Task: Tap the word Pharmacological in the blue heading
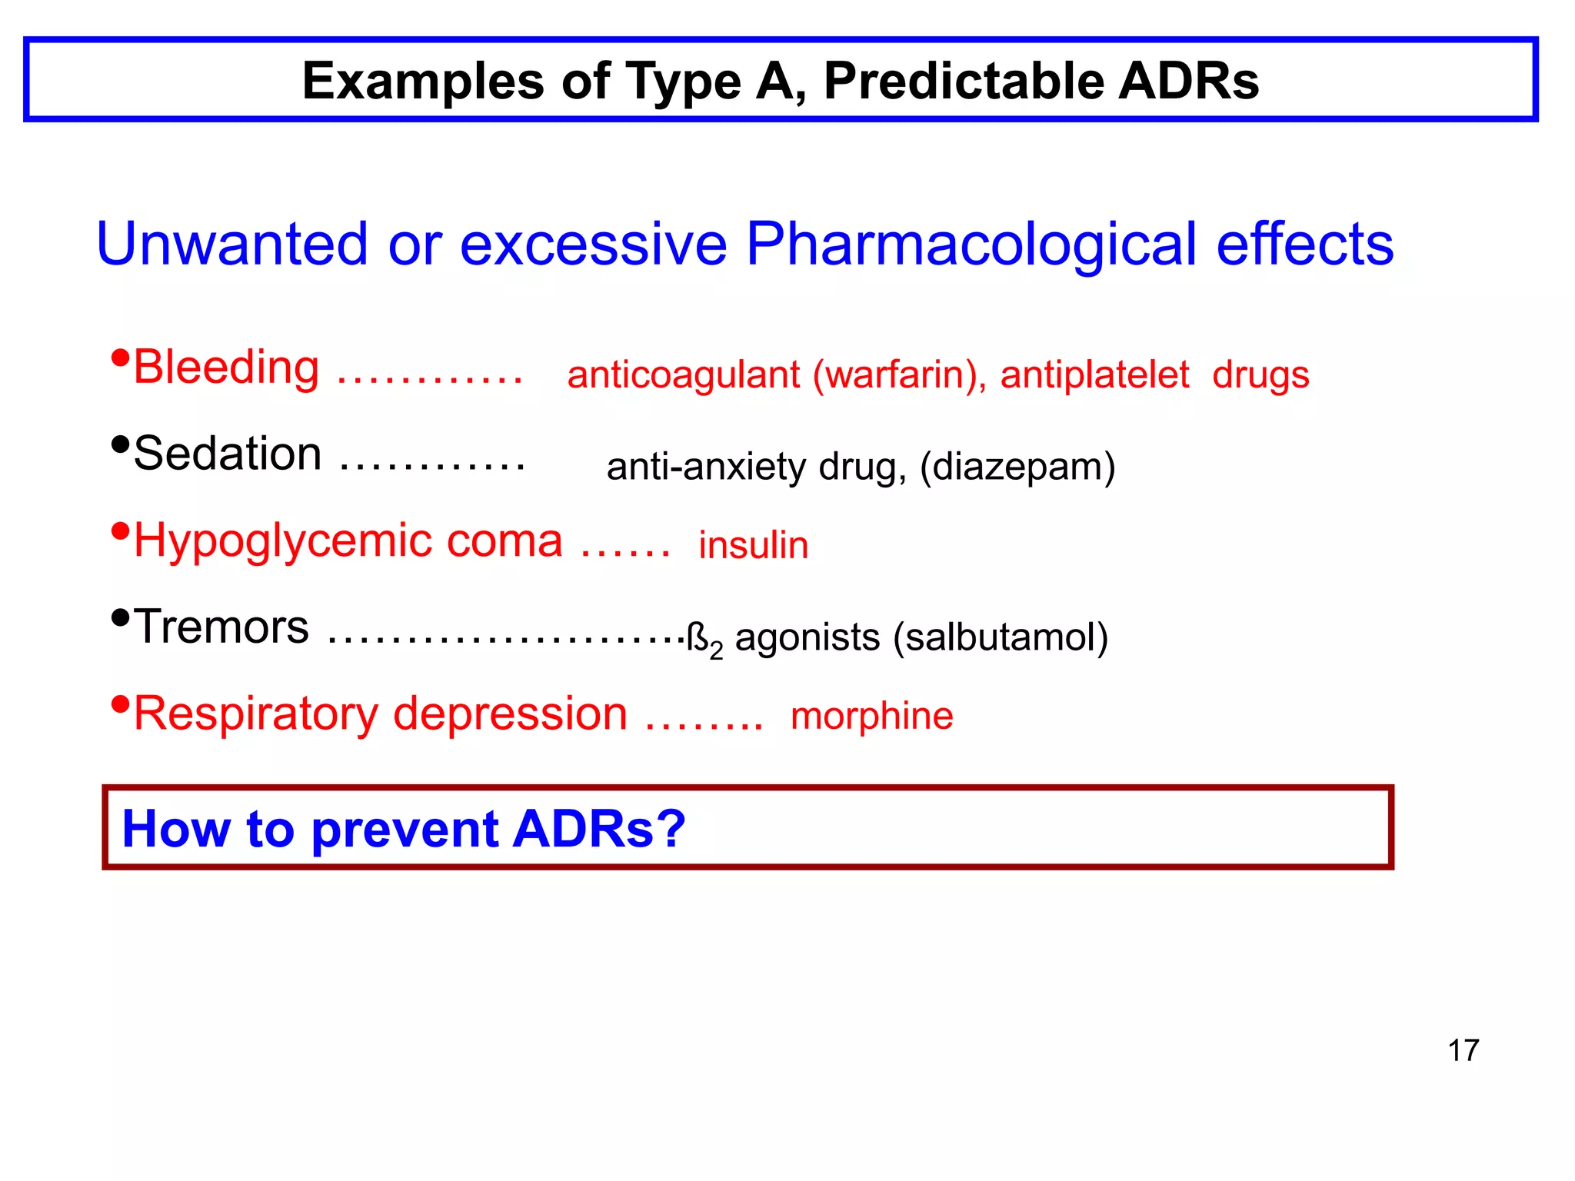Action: click(971, 245)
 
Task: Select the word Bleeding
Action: click(226, 367)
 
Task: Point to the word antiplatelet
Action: click(1094, 375)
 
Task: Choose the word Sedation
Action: click(228, 454)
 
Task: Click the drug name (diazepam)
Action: click(1017, 467)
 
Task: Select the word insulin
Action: click(753, 546)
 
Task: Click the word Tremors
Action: click(221, 627)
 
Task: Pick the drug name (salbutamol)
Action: click(1001, 637)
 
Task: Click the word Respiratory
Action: click(256, 714)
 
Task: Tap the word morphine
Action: click(872, 716)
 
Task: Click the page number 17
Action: click(1463, 1050)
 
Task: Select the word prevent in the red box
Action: click(405, 830)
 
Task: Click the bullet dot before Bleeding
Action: click(120, 358)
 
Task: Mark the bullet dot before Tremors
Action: click(120, 617)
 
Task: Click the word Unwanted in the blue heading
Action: click(232, 245)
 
